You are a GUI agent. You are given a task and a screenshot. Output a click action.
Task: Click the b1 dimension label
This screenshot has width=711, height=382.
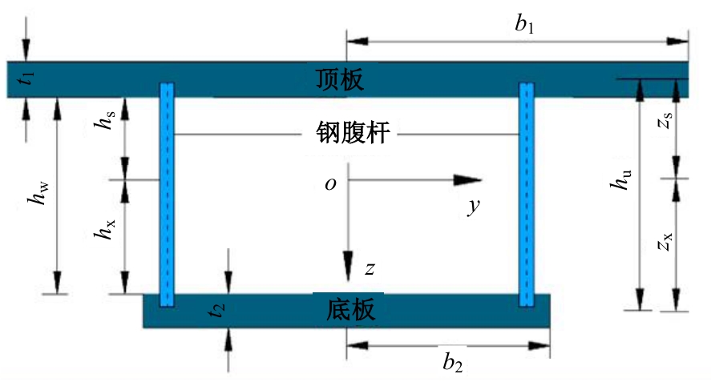click(x=524, y=24)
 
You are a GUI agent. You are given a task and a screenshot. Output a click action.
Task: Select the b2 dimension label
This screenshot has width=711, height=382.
click(x=453, y=362)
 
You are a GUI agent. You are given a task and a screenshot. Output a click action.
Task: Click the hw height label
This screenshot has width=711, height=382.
click(x=38, y=194)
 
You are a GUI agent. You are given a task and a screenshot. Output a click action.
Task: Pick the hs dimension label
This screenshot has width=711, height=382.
click(x=105, y=119)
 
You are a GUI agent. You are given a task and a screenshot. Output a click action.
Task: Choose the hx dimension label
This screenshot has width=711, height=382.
click(x=105, y=229)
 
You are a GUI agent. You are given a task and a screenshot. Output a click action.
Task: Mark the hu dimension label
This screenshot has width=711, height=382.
click(x=620, y=180)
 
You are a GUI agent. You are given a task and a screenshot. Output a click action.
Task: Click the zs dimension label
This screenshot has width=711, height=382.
click(x=665, y=120)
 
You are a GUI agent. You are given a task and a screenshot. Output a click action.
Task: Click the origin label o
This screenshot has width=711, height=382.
click(x=330, y=184)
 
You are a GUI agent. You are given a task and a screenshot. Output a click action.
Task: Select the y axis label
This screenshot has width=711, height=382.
click(x=474, y=207)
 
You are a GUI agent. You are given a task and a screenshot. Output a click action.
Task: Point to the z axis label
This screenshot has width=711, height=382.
click(x=370, y=269)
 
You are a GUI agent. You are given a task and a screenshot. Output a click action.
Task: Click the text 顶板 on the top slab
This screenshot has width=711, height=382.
click(x=340, y=79)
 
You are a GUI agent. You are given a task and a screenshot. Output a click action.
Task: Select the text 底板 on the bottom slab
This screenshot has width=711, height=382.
click(x=350, y=310)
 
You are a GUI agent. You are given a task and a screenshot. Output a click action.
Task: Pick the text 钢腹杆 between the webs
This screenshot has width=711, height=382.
click(x=353, y=133)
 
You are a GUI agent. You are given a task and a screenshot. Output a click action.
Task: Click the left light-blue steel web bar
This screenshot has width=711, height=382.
click(x=167, y=195)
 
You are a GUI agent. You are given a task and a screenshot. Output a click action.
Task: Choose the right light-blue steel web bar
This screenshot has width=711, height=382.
click(x=527, y=195)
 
